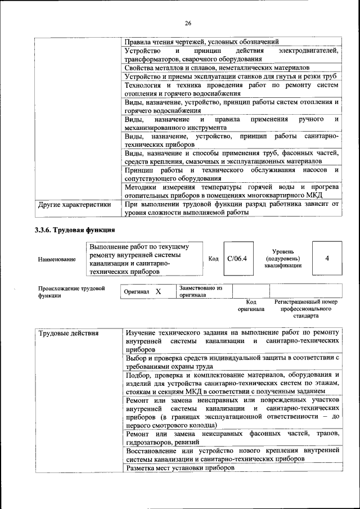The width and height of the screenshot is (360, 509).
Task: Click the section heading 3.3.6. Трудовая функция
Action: pyautogui.click(x=75, y=229)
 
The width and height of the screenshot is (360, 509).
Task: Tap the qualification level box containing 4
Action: pyautogui.click(x=327, y=258)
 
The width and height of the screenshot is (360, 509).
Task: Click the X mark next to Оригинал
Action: pyautogui.click(x=158, y=292)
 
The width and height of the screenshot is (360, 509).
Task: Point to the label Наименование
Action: pyautogui.click(x=57, y=259)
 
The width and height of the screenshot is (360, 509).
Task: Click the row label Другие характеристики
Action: pyautogui.click(x=74, y=205)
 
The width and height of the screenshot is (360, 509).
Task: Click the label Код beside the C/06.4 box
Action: pyautogui.click(x=213, y=259)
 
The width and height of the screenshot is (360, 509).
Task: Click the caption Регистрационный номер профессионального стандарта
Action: pyautogui.click(x=306, y=309)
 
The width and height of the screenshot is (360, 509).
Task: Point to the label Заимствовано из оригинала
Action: pyautogui.click(x=201, y=291)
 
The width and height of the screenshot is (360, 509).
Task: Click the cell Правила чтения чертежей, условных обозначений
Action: pyautogui.click(x=201, y=42)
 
